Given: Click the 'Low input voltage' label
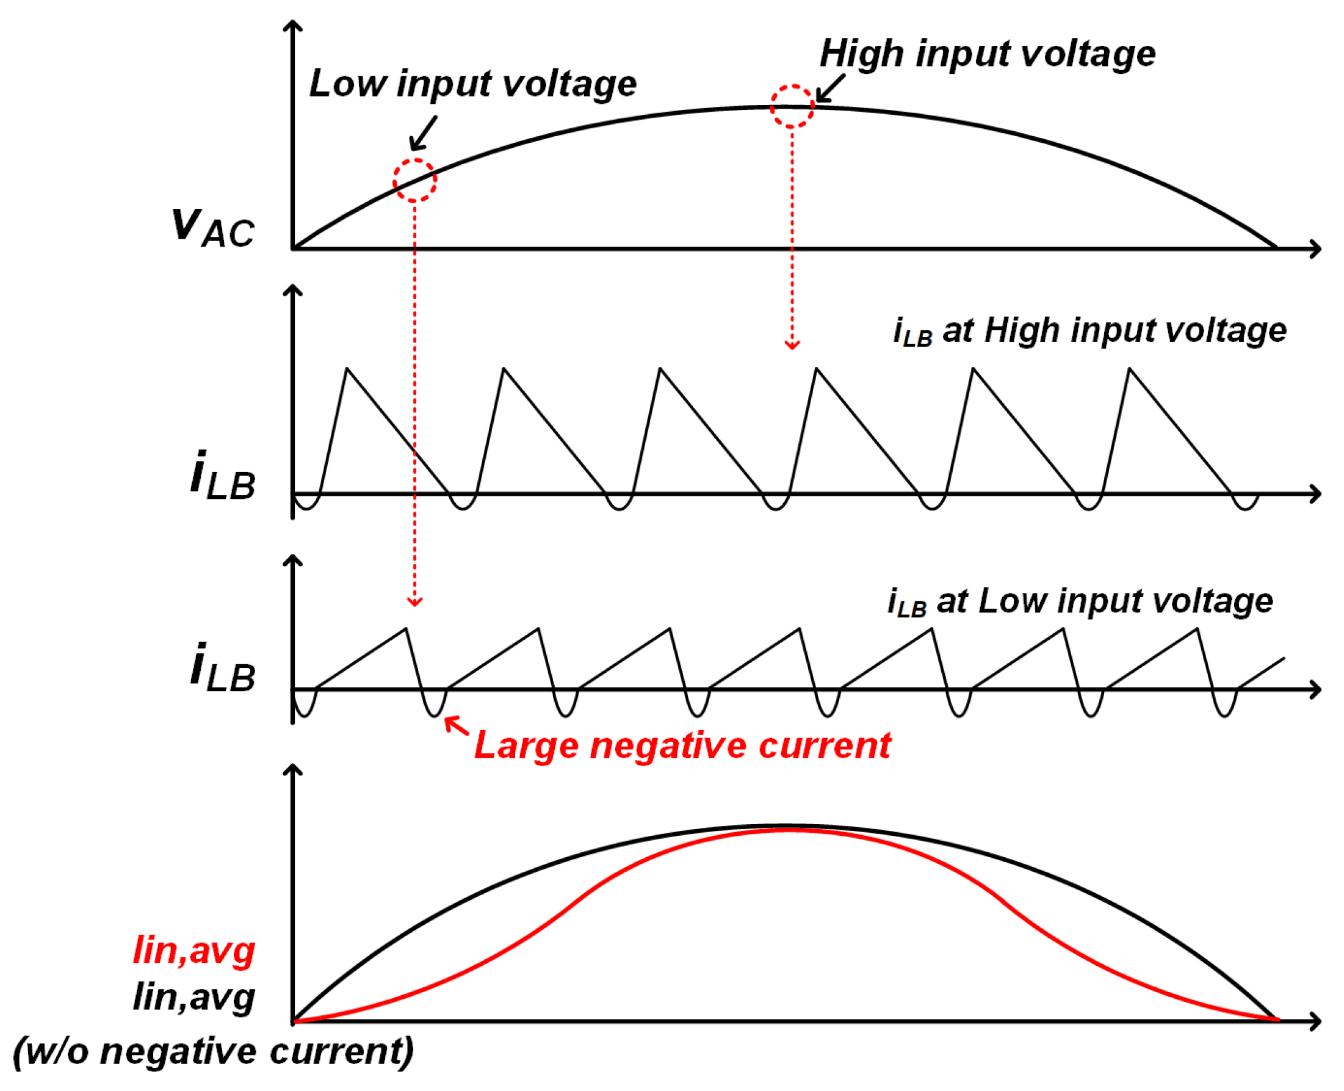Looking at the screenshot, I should click(x=472, y=84).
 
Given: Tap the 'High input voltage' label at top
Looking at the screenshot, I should click(x=986, y=53).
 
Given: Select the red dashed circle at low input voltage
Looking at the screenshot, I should click(x=414, y=180).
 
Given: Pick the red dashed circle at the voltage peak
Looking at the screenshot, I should click(x=792, y=106).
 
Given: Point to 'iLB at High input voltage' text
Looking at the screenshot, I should click(x=1089, y=331).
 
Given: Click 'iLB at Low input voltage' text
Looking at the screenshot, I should click(x=1080, y=602).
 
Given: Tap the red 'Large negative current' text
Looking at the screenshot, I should click(x=682, y=745).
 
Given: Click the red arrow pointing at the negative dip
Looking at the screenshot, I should click(x=456, y=726).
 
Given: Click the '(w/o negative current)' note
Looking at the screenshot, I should click(x=214, y=1051).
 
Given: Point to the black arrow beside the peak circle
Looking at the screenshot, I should click(x=829, y=89).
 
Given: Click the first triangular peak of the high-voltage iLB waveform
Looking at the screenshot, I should click(x=347, y=369).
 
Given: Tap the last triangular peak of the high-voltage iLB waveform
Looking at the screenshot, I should click(x=1129, y=369).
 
